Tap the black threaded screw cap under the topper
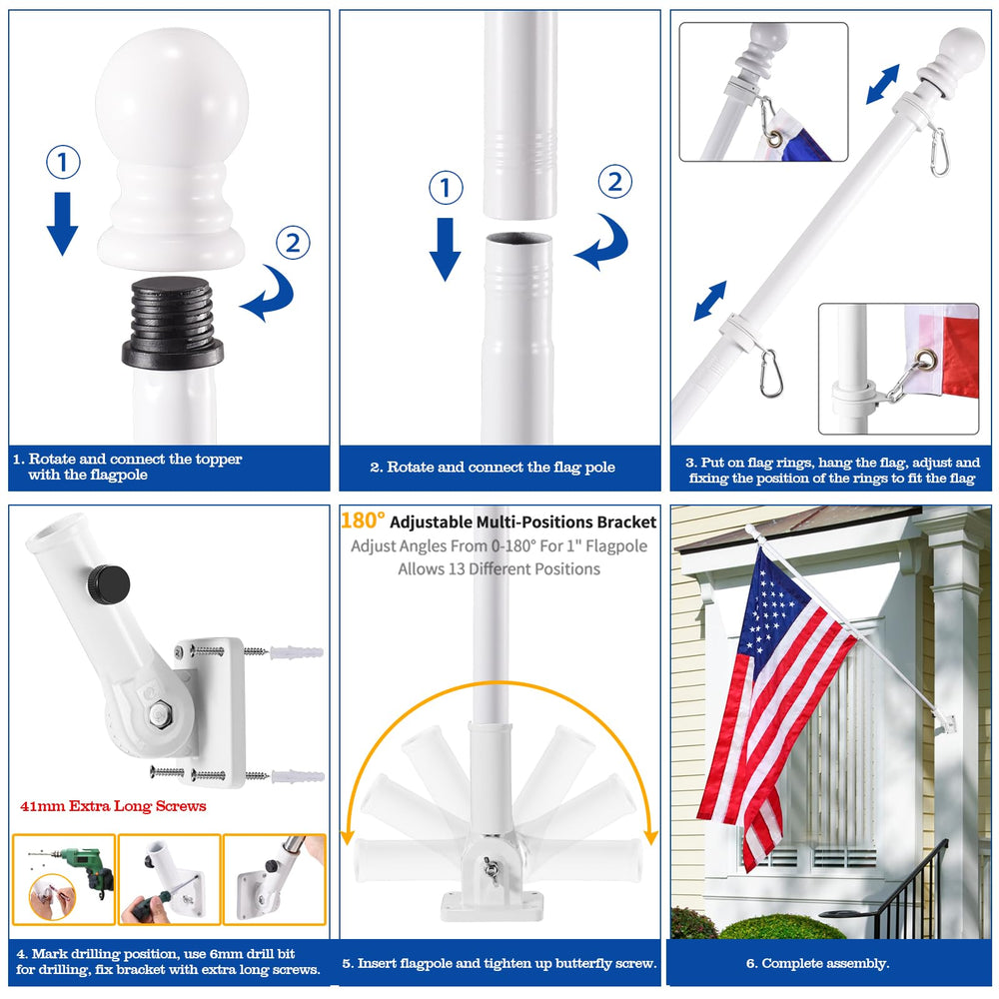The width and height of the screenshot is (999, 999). [x=173, y=323]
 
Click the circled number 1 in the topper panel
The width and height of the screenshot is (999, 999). [x=63, y=162]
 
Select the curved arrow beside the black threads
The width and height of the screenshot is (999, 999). [x=270, y=295]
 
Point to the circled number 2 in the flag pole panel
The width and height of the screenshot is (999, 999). [x=614, y=181]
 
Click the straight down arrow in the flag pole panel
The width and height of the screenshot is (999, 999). [x=445, y=249]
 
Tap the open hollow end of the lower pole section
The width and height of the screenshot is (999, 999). [x=518, y=240]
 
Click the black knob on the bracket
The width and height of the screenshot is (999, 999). [x=109, y=582]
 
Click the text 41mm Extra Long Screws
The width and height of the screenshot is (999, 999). [x=114, y=806]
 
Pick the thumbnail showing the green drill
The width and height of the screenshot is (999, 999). [x=64, y=879]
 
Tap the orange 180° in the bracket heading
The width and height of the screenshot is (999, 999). [x=363, y=520]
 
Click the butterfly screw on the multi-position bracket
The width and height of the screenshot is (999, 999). [x=491, y=868]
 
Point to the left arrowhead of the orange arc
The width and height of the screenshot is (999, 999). [x=348, y=836]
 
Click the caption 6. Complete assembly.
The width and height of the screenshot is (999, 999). [x=817, y=963]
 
